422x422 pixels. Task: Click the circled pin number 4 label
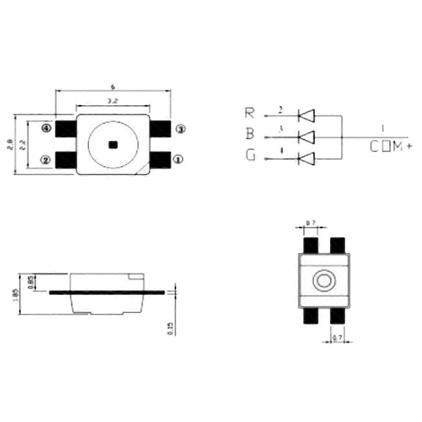tap(46, 128)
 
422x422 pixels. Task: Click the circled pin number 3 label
tap(180, 129)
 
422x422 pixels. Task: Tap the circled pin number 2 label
tap(46, 160)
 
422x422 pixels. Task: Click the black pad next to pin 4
tap(66, 129)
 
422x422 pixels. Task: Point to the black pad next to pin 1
tap(160, 160)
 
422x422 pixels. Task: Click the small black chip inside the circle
tap(113, 145)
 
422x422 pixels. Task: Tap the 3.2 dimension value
tap(113, 101)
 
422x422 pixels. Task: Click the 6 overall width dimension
tap(113, 87)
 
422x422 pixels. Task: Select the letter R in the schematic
tap(250, 113)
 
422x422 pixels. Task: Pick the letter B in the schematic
tap(250, 134)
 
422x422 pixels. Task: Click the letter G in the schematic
tap(250, 155)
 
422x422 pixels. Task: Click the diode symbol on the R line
tap(306, 115)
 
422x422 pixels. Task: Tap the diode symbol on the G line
tap(306, 159)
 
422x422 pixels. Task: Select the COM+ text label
tap(390, 147)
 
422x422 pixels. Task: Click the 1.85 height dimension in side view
tap(15, 294)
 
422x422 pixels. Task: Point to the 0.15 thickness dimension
tap(171, 328)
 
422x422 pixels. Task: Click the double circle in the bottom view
tap(324, 281)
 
